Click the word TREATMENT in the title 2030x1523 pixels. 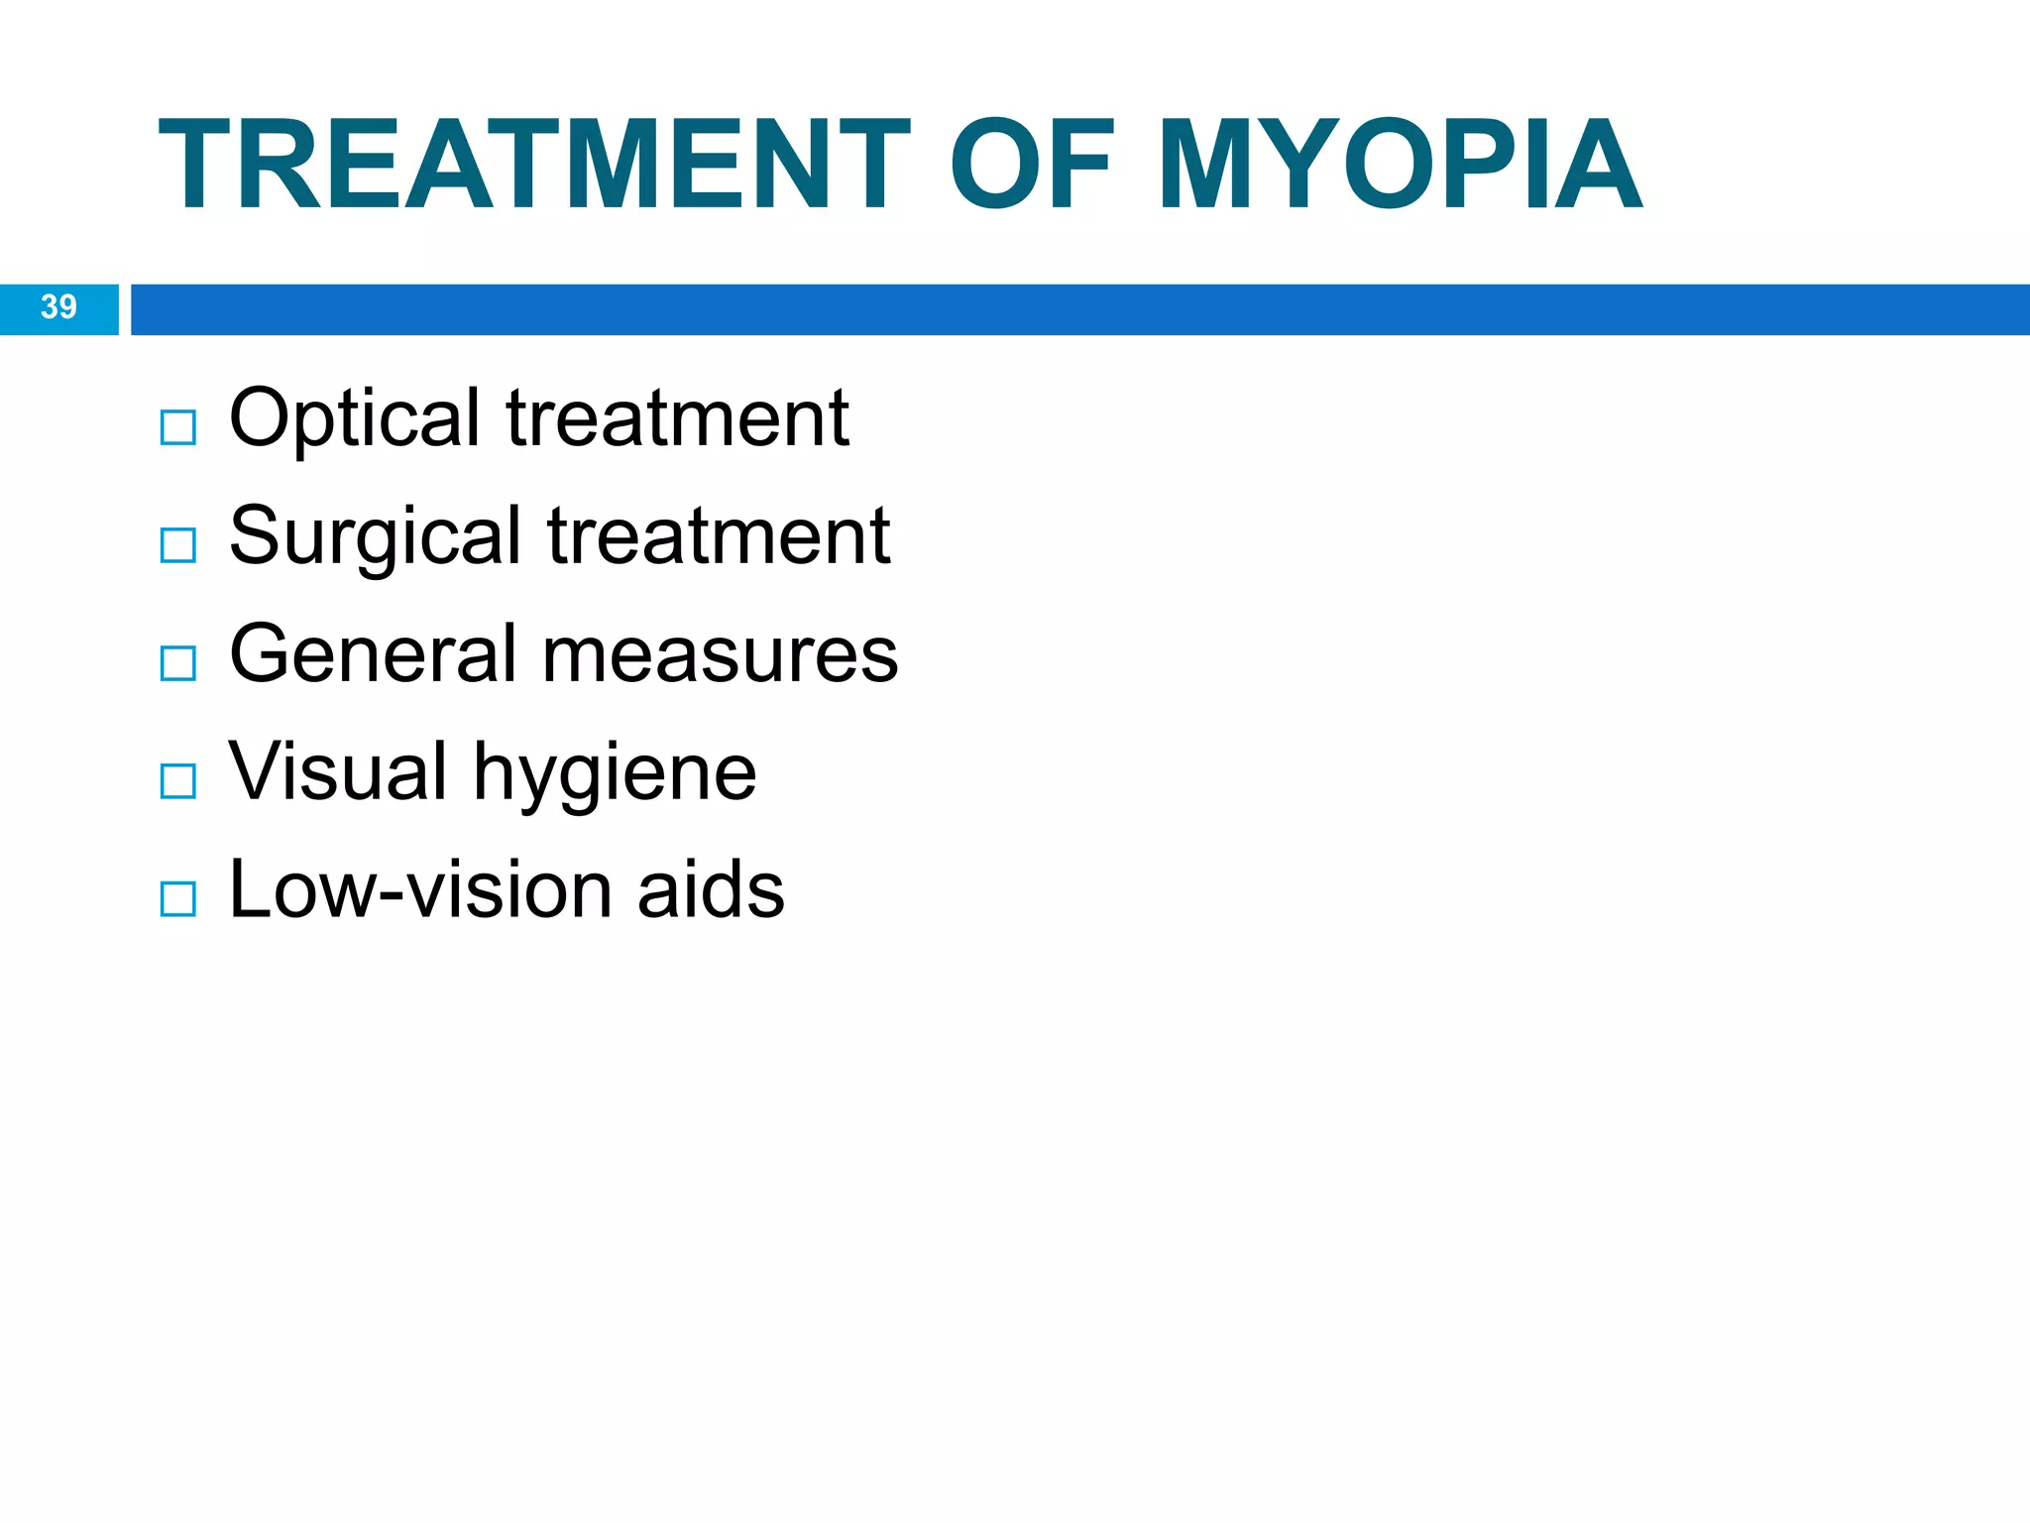(533, 166)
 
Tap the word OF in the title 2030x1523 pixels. (1032, 166)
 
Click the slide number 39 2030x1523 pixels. (58, 307)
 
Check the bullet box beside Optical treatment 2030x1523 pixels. (178, 427)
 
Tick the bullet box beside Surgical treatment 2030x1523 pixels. (178, 545)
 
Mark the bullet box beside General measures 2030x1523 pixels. (178, 663)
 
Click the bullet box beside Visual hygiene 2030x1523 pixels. (178, 781)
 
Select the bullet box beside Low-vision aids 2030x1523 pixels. (178, 899)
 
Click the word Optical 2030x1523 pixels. (354, 419)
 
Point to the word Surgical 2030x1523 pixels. (375, 537)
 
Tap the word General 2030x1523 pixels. (373, 654)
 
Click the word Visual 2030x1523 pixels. (338, 771)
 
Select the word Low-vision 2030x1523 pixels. (420, 889)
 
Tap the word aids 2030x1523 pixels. (711, 889)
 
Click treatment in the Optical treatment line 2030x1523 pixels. (678, 419)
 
